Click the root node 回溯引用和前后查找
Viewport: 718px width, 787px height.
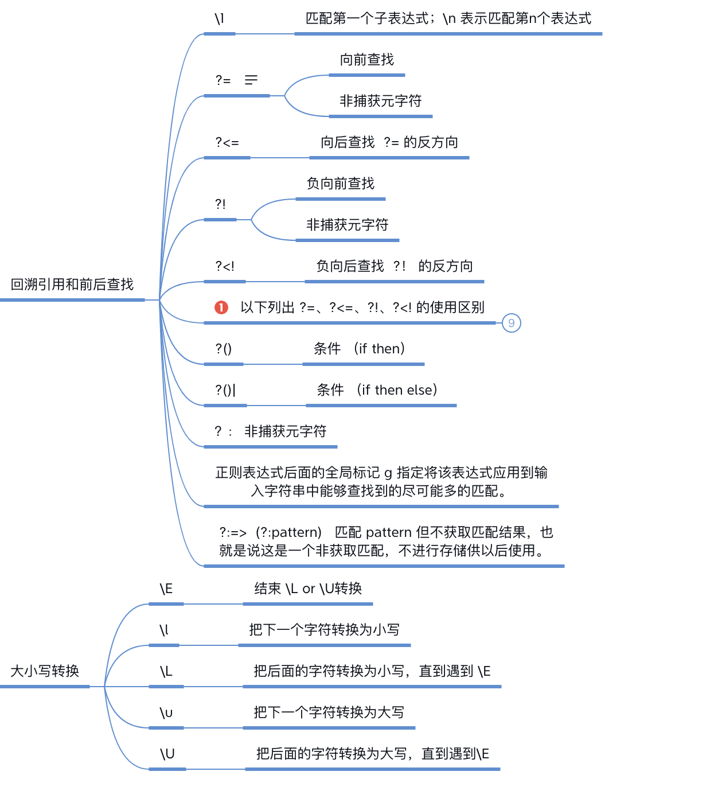point(72,285)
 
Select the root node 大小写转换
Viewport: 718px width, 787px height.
point(45,671)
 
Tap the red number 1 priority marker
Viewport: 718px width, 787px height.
point(221,307)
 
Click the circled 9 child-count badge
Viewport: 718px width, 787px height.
point(512,323)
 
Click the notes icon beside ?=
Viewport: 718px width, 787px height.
point(251,80)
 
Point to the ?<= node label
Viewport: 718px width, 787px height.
point(227,142)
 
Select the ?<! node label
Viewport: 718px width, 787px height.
point(225,266)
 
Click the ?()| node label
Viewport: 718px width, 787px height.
point(225,390)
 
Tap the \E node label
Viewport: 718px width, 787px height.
point(166,589)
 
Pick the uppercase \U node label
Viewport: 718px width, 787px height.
point(167,754)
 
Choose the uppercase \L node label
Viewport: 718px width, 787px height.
point(166,672)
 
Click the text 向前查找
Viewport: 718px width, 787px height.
point(367,60)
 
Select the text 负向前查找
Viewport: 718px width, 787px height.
point(341,184)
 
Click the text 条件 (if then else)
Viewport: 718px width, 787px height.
point(377,390)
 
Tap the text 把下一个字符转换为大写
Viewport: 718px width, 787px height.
point(329,712)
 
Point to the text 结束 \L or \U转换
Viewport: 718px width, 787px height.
point(308,589)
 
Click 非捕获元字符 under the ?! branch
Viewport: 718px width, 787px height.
point(348,225)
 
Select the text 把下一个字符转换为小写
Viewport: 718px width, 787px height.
point(325,630)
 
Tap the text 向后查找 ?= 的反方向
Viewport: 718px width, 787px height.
point(389,142)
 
